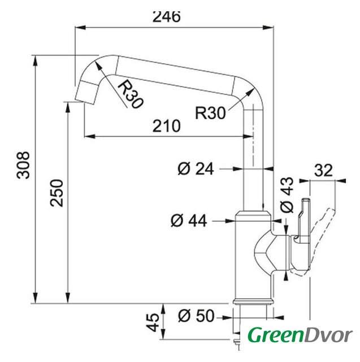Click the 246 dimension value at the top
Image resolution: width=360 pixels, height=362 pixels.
click(166, 16)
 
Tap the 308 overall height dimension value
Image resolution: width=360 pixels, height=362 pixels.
click(23, 165)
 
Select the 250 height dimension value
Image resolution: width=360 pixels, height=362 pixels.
click(57, 193)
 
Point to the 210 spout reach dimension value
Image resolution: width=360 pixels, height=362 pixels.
click(167, 126)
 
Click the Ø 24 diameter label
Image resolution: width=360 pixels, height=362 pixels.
click(196, 169)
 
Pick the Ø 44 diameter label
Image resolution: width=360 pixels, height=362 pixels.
click(189, 221)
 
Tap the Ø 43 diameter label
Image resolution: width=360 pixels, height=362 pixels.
click(287, 195)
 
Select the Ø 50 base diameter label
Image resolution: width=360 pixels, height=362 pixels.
click(196, 316)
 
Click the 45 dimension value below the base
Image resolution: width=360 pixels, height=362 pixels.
click(153, 322)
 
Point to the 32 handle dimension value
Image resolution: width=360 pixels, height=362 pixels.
click(323, 170)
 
